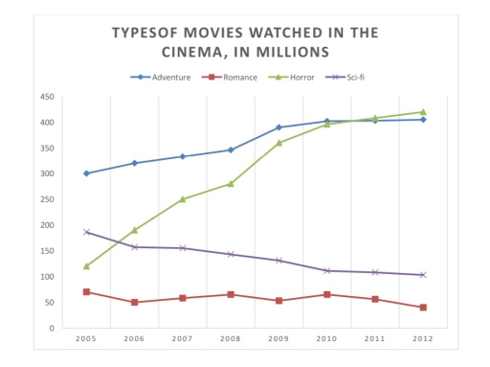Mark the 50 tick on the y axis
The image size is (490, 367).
pos(48,303)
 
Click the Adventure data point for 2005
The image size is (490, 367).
pos(86,173)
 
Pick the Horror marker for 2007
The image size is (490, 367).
pos(183,199)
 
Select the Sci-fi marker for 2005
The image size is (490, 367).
pos(86,232)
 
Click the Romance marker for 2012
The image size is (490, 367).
pos(422,308)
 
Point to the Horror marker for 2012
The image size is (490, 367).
pos(422,112)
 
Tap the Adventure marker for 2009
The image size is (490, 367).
pos(278,127)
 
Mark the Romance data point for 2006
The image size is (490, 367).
pos(134,302)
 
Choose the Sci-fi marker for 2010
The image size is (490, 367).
pos(326,271)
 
